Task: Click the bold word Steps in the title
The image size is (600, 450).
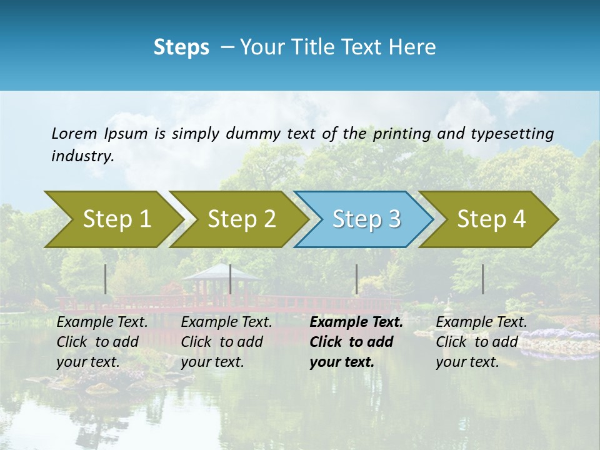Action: (181, 47)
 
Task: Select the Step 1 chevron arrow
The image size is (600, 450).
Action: (112, 219)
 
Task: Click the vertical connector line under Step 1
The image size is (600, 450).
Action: (106, 279)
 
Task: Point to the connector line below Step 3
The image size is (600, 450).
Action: (356, 279)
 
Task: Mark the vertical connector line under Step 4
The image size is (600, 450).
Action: (482, 279)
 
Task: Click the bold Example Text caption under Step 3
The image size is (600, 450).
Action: (356, 342)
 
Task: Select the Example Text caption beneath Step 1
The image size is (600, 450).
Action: (102, 342)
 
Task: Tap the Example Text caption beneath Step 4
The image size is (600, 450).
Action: (481, 342)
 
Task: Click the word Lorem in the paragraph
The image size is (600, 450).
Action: (74, 133)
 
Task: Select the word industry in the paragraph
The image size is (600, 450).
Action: (82, 156)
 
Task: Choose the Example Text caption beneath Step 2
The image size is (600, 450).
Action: (226, 342)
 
